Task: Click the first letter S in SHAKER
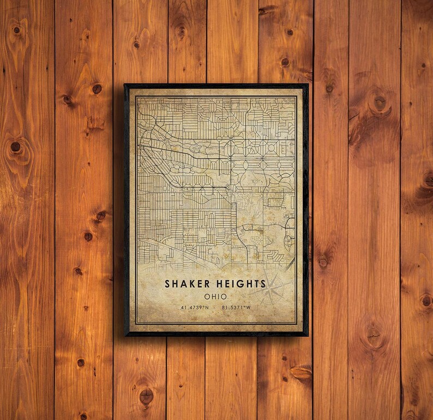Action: pos(167,284)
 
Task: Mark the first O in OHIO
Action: pos(207,296)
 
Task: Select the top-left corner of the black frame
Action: pos(125,85)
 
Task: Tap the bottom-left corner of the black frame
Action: pos(125,335)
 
